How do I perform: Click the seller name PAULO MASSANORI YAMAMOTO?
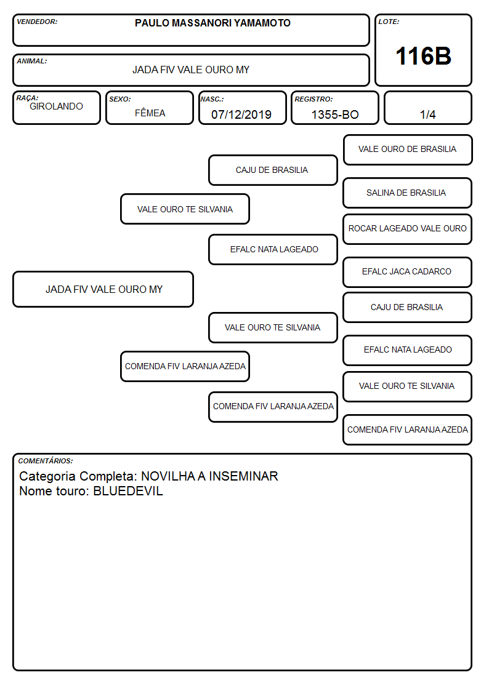tap(212, 23)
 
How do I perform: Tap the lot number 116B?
tap(423, 56)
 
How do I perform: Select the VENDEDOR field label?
tap(37, 22)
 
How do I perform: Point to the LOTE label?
tap(389, 22)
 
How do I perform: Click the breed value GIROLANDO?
tap(56, 106)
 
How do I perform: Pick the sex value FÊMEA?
tap(150, 113)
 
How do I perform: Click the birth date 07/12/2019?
tap(241, 114)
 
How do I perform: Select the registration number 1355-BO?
tap(335, 114)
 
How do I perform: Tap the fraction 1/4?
tap(427, 114)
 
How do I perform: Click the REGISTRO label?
tap(313, 99)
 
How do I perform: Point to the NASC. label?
tap(212, 99)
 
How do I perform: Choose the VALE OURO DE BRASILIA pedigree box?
tap(408, 150)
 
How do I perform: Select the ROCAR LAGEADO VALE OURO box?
tap(408, 229)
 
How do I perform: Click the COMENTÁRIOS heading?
tap(46, 461)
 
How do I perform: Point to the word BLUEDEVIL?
tap(128, 491)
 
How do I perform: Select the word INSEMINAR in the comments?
tap(243, 476)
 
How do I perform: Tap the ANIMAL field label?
tap(32, 62)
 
